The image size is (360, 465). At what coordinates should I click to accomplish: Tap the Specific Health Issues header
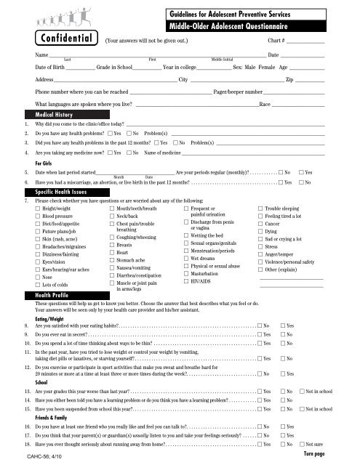tap(60, 191)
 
